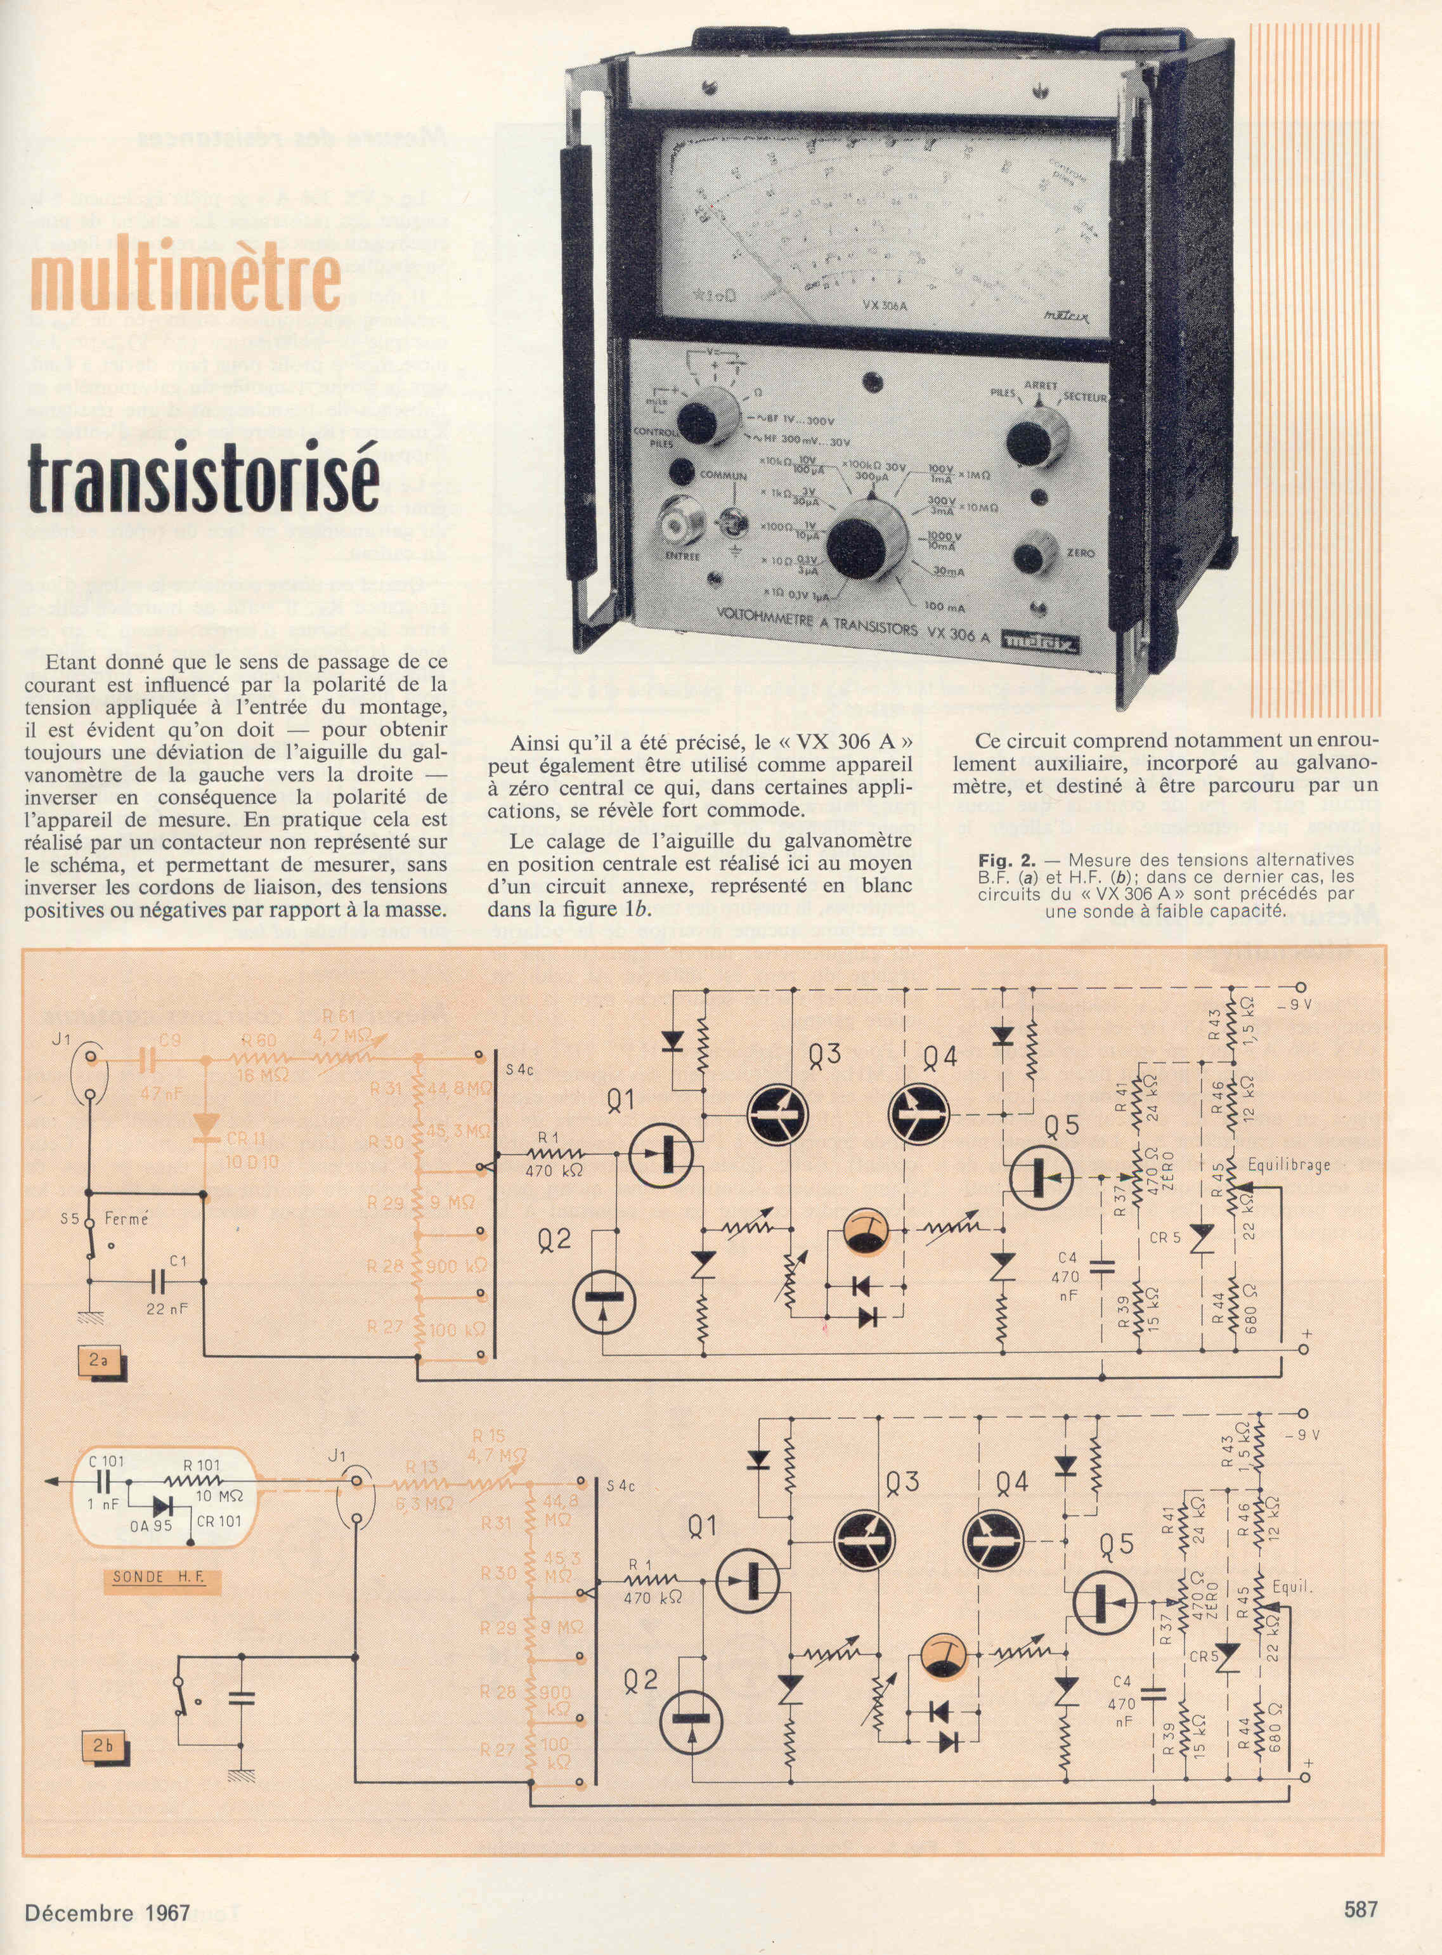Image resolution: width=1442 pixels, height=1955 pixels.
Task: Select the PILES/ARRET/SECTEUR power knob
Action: click(x=1036, y=438)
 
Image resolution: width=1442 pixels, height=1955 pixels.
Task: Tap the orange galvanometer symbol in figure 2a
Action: click(x=866, y=1231)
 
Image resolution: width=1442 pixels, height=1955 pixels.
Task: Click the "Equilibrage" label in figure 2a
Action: click(x=1289, y=1165)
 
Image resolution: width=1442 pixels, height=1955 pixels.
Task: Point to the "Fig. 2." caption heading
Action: click(x=1006, y=860)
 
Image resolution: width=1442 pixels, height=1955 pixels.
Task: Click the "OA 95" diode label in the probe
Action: click(x=151, y=1524)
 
